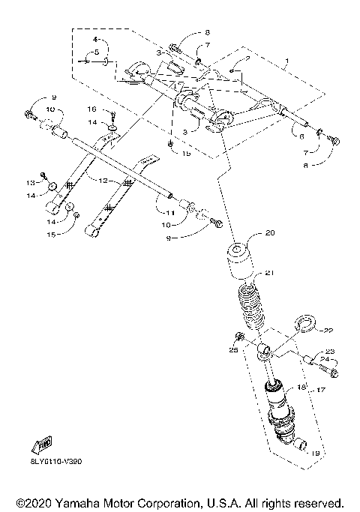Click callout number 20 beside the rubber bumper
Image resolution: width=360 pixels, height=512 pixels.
(x=270, y=232)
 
